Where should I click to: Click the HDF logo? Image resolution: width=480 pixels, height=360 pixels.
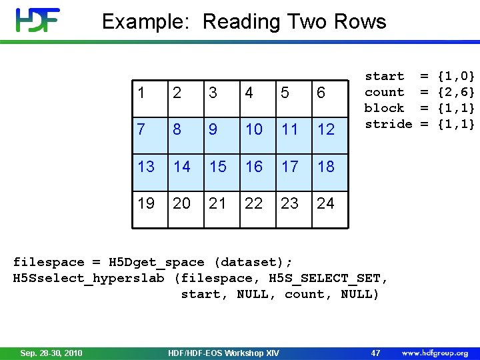point(39,21)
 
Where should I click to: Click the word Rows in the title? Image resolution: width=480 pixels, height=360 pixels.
point(361,22)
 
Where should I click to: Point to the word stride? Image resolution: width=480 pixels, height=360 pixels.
point(388,124)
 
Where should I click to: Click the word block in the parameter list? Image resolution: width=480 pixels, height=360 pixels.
point(384,108)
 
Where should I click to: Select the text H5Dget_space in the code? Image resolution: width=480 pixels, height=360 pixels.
point(157,262)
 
